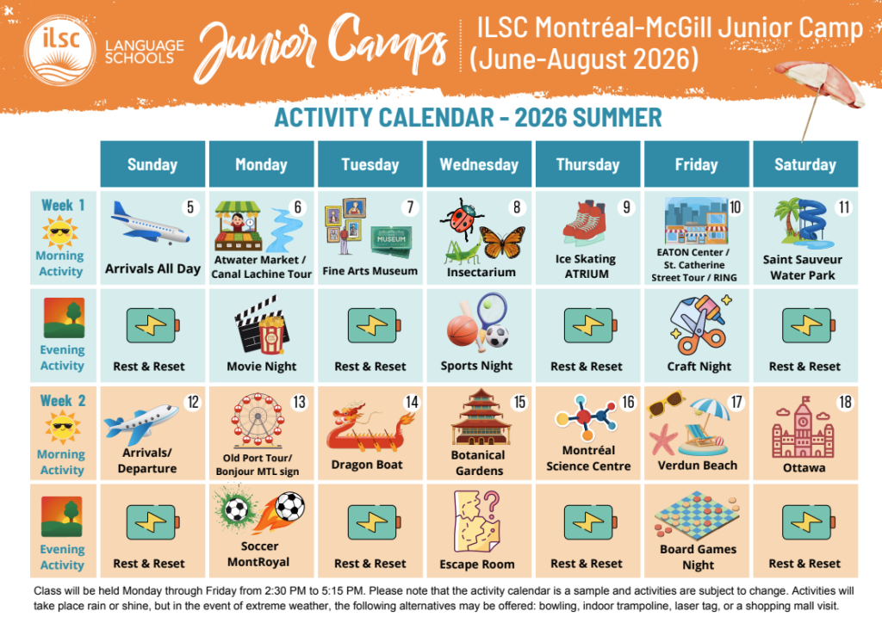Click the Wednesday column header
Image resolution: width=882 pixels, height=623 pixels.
[x=479, y=164]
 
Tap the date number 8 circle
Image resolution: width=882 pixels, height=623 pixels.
[x=517, y=208]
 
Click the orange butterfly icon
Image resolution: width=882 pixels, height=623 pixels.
[x=503, y=242]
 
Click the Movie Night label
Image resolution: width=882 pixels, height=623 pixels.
[x=262, y=367]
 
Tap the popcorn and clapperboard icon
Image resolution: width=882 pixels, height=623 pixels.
[x=262, y=325]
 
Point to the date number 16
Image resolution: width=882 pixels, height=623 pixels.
[x=628, y=402]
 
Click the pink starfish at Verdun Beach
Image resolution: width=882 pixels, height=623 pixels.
[x=662, y=440]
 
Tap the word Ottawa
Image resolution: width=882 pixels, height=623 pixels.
[x=804, y=468]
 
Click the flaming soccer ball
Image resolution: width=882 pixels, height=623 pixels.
[x=282, y=510]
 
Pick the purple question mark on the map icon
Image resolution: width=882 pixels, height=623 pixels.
[x=492, y=501]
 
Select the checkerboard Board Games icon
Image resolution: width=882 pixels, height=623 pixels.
[x=697, y=514]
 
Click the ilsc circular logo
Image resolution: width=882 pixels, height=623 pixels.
[x=59, y=51]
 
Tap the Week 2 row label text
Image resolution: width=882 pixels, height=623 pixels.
[x=63, y=400]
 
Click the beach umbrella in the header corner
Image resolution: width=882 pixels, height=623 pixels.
[x=819, y=93]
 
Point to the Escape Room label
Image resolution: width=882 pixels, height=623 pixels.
[x=477, y=564]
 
